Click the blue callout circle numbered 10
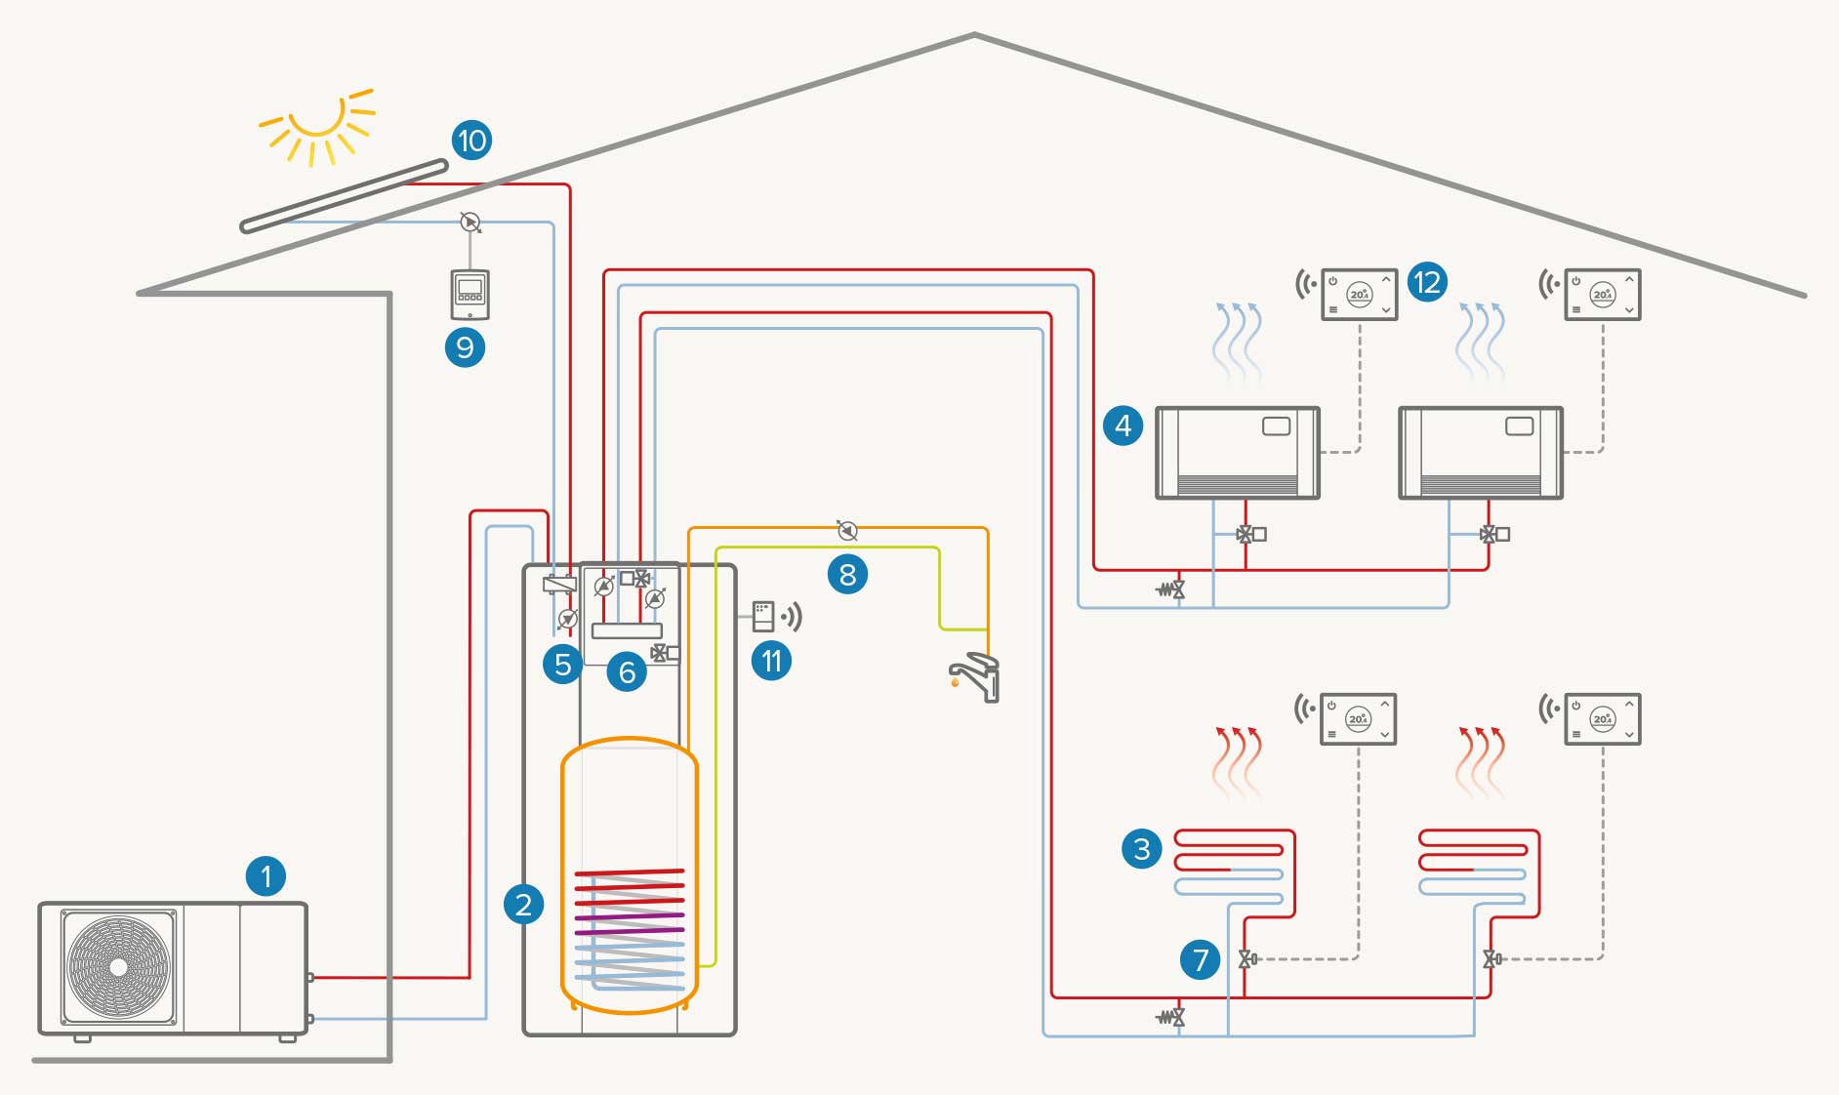[x=471, y=141]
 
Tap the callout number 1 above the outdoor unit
[x=266, y=875]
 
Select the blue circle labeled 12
[x=1427, y=283]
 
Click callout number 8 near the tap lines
[x=847, y=574]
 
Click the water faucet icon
[x=975, y=676]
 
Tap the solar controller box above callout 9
[x=470, y=294]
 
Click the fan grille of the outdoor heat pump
[x=119, y=966]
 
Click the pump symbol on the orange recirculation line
[x=847, y=530]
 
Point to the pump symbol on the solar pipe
[x=470, y=223]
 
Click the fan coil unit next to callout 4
[x=1237, y=453]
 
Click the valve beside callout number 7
[x=1246, y=958]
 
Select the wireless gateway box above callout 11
[x=763, y=616]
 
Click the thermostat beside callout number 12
[x=1359, y=294]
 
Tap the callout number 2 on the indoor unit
[x=523, y=904]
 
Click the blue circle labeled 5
[x=562, y=665]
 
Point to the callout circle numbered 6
[x=627, y=671]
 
